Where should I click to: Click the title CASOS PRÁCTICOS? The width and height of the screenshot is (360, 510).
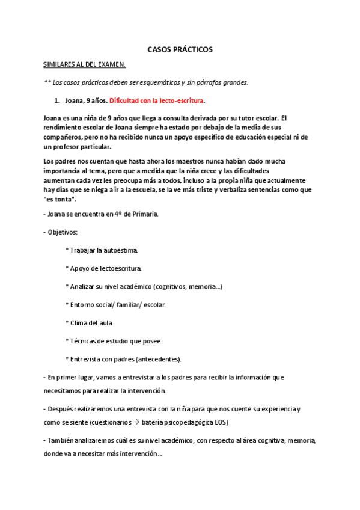180,50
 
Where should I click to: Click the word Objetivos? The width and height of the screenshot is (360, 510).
64,231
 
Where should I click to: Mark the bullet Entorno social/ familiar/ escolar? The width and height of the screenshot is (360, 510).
115,304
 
